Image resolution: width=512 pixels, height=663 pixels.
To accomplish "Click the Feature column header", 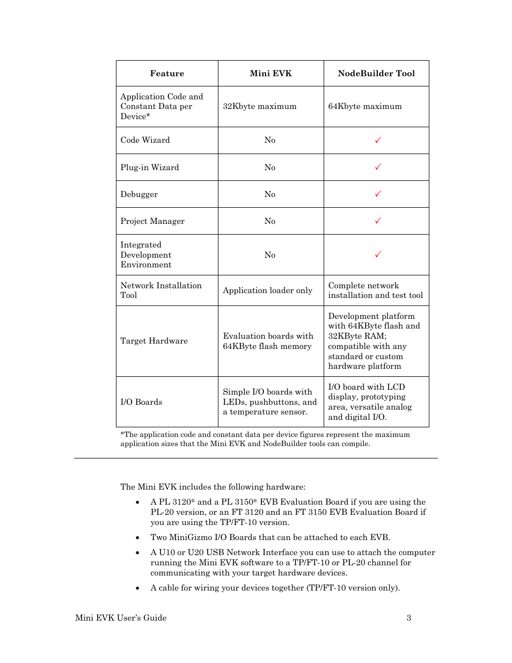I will click(167, 74).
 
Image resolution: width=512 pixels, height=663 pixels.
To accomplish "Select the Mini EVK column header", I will click(270, 74).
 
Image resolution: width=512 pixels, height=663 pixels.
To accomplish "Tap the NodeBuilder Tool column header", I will click(376, 74).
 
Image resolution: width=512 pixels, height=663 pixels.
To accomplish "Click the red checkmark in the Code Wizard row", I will click(378, 140).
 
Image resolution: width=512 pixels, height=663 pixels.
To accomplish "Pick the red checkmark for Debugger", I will click(378, 194).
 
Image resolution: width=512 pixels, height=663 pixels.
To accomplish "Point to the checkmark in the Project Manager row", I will click(378, 221).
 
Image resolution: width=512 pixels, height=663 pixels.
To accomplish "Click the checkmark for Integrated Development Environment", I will click(378, 254).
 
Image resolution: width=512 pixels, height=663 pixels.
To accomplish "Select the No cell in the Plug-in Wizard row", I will click(270, 167).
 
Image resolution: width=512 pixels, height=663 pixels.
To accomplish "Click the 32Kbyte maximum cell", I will click(260, 106).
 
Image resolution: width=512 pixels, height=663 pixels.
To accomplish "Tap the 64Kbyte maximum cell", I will click(365, 106).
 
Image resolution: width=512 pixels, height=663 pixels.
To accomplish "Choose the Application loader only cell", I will click(267, 290).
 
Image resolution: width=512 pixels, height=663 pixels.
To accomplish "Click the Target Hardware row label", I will click(154, 341).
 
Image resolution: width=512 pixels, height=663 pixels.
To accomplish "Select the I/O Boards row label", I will click(141, 402).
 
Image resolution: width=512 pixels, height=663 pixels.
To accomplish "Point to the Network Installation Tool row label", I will click(161, 290).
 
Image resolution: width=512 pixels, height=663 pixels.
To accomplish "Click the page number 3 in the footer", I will click(409, 618).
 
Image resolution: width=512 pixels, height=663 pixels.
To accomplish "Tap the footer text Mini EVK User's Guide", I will click(121, 618).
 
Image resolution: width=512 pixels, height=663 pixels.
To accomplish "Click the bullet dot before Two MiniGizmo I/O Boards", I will click(138, 537).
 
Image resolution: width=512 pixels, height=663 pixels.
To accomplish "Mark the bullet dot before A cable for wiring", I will click(138, 588).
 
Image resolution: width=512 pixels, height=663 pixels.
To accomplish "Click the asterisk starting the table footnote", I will click(122, 434).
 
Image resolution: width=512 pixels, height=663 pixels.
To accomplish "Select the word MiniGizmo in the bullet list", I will click(191, 537).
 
